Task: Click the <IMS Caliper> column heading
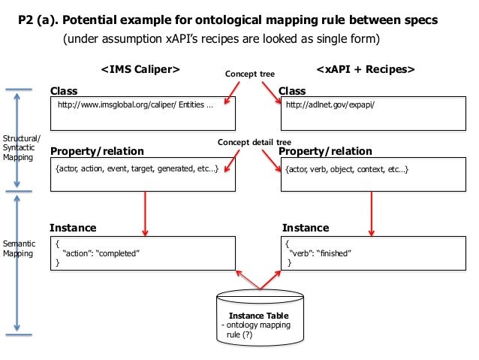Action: click(x=140, y=70)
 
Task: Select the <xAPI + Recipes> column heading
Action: click(x=366, y=70)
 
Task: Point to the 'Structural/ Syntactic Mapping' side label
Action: click(x=22, y=148)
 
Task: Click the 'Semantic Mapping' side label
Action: click(x=19, y=249)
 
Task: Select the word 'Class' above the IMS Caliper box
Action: click(x=64, y=91)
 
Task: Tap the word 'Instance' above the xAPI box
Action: click(x=305, y=228)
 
